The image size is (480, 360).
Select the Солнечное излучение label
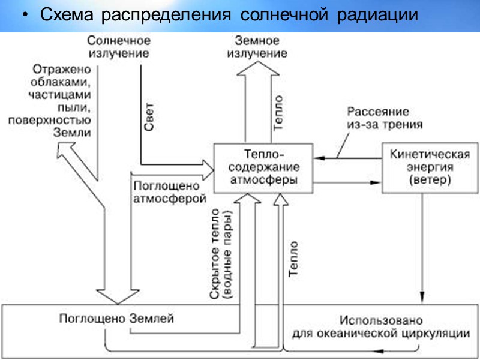pos(118,47)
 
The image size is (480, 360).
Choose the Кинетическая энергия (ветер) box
pos(421,167)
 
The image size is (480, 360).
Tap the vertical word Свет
pos(150,118)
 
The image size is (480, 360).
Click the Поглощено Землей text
pos(116,319)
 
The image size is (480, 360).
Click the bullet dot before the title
pos(24,17)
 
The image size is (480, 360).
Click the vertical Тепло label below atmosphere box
pos(293,258)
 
